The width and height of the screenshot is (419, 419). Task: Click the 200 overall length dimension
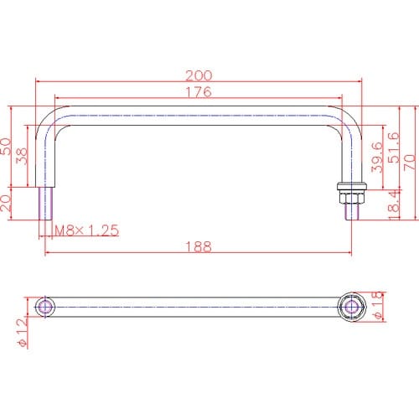click(199, 75)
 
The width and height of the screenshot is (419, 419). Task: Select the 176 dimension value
click(199, 92)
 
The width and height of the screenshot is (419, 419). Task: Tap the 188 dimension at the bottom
click(199, 246)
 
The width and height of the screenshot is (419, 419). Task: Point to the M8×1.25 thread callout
click(87, 230)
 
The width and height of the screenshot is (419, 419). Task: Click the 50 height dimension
click(6, 146)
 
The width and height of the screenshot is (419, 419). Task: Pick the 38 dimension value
click(22, 156)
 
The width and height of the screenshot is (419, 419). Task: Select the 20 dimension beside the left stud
click(6, 203)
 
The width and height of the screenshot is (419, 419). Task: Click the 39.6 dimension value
click(376, 157)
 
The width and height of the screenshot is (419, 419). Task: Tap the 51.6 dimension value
click(394, 147)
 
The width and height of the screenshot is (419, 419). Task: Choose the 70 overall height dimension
click(410, 162)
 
